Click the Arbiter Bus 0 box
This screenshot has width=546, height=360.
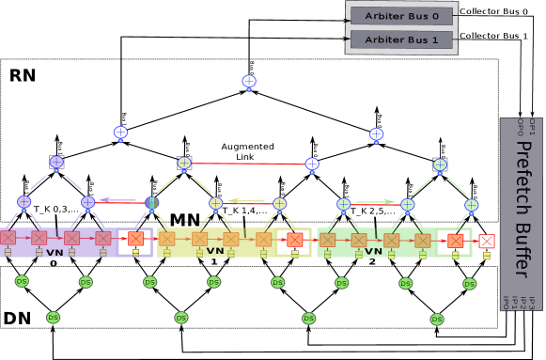[x=401, y=16]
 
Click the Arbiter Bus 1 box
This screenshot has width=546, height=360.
[x=401, y=39]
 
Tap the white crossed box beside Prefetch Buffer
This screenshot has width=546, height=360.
[x=487, y=242]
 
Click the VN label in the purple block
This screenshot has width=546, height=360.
[x=55, y=252]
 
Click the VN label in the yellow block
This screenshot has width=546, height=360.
[x=215, y=251]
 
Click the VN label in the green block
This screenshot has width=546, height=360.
[x=374, y=251]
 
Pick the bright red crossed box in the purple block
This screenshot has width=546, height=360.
[x=135, y=239]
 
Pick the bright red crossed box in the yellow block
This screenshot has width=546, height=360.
[x=295, y=240]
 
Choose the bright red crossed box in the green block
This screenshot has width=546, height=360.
[x=455, y=241]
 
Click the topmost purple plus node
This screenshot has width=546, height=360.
[x=56, y=163]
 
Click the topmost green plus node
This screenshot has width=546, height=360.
[x=440, y=165]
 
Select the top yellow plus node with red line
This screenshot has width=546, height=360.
[x=184, y=164]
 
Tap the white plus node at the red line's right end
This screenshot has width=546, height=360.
[x=312, y=164]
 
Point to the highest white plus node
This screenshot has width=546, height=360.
[x=249, y=82]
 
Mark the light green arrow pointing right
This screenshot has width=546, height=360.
[x=375, y=201]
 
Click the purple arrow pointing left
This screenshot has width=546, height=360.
[x=118, y=199]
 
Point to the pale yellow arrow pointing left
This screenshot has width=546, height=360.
[x=246, y=200]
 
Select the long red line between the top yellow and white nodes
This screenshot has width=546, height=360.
[x=248, y=164]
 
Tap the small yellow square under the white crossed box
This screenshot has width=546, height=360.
[x=487, y=256]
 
